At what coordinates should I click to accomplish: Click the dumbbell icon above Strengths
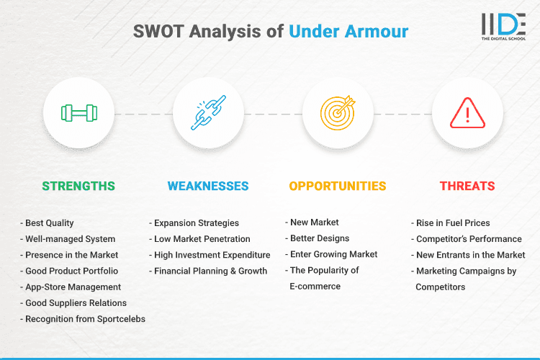78,113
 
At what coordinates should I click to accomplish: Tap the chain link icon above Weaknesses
208,113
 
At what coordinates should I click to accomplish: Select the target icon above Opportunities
338,113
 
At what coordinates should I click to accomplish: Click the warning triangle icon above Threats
467,113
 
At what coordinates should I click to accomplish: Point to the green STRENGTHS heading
78,186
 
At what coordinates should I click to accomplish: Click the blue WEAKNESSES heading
208,186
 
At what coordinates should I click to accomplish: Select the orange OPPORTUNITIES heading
338,186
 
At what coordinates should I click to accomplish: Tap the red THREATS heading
467,186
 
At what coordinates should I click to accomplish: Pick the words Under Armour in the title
348,32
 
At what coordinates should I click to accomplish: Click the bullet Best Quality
49,222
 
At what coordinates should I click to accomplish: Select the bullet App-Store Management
72,287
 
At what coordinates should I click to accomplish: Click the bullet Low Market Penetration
202,238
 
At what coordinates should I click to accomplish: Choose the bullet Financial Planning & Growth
210,271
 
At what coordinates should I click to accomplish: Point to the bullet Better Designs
319,238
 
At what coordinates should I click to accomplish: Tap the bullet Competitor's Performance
468,238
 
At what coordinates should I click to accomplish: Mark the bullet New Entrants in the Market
470,255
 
